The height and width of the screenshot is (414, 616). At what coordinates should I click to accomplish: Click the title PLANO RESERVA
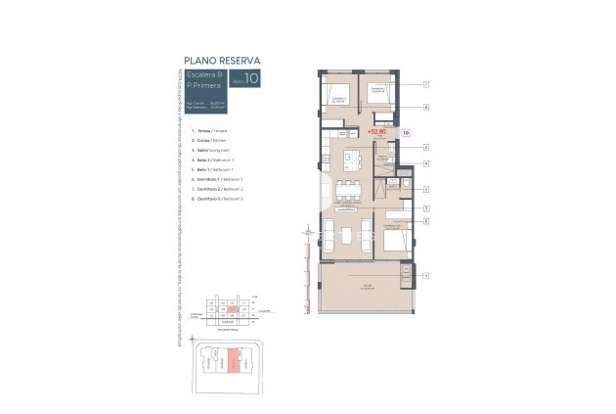pos(221,60)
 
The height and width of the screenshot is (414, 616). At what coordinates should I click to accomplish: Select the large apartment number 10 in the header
pos(252,79)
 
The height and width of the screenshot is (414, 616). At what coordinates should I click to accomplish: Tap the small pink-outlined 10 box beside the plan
pos(405,131)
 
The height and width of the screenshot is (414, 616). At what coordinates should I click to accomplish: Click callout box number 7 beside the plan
pos(427,85)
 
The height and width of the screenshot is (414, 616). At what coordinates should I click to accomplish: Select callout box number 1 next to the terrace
pos(427,277)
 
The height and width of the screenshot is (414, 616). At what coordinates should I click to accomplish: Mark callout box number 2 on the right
pos(427,147)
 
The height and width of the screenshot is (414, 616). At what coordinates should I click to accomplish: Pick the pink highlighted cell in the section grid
pos(232,309)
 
